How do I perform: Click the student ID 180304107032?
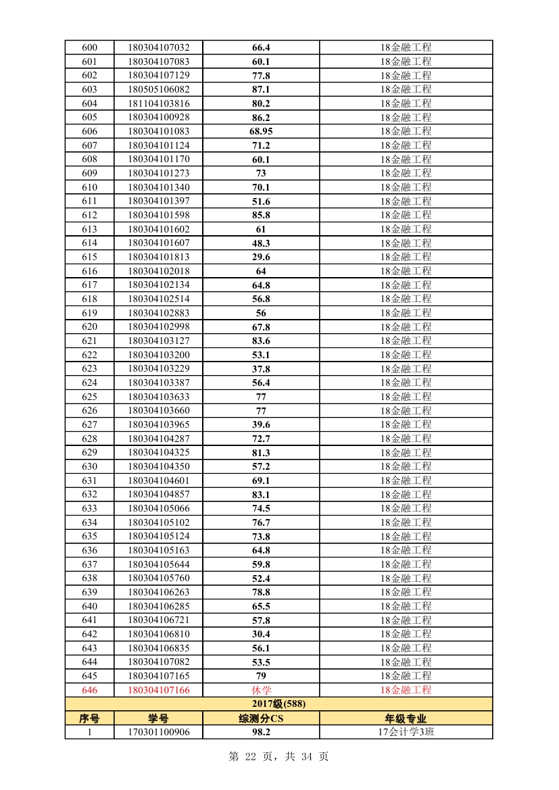158,47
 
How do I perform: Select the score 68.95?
261,131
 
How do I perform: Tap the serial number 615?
89,257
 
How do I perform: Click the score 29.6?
261,257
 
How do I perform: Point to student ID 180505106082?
158,89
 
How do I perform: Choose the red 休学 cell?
261,690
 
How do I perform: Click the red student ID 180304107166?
158,690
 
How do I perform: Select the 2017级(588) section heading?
278,704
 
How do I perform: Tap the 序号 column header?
89,718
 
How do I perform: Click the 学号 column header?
158,718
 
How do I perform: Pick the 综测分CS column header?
261,718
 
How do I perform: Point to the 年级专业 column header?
406,718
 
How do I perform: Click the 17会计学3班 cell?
406,732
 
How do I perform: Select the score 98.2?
261,732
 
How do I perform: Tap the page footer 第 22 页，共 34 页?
278,757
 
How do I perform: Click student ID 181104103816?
158,103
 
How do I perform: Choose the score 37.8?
261,368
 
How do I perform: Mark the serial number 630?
89,466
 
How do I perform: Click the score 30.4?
261,634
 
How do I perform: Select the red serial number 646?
89,690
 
